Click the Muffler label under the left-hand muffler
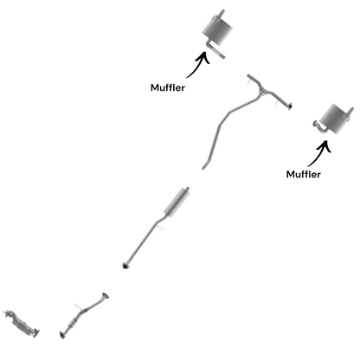tap(168, 87)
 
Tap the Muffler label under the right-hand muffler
tap(304, 174)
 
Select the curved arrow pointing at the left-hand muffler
tap(199, 66)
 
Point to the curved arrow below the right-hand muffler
tap(320, 154)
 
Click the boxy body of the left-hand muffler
tap(217, 31)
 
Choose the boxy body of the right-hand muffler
tap(335, 118)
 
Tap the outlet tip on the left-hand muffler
tap(222, 13)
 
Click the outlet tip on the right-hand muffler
tap(350, 111)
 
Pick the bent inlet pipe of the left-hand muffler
tap(215, 50)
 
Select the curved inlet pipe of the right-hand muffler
tap(319, 127)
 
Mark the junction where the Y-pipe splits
tap(263, 92)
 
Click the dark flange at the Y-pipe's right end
tap(290, 106)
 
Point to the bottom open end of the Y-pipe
tap(203, 167)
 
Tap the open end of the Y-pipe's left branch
tap(248, 76)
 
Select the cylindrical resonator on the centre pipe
tap(177, 202)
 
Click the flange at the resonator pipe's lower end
tap(125, 266)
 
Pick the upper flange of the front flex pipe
tap(106, 295)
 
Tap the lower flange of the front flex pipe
tap(62, 335)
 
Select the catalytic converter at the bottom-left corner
tap(21, 323)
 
